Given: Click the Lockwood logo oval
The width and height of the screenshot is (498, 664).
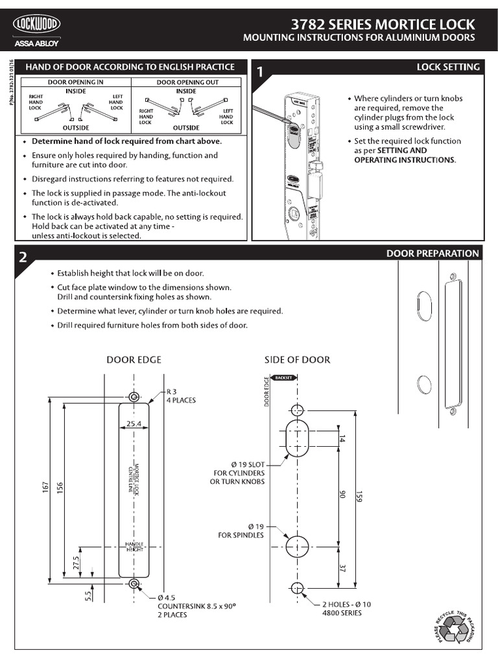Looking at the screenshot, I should pos(38,25).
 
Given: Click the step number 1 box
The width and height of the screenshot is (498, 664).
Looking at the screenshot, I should pos(261,73).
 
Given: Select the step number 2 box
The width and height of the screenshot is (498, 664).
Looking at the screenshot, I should pos(23,257).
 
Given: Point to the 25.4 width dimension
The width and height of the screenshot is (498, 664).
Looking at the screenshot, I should pos(134,423).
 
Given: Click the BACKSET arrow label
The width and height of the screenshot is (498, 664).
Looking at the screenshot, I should pos(285,377).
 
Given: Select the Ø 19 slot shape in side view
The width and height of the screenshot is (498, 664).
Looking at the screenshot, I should pos(296,439).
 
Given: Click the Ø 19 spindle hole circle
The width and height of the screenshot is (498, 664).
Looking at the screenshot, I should pos(296,546).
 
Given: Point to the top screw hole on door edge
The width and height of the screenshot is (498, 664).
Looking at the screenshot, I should pos(134,397).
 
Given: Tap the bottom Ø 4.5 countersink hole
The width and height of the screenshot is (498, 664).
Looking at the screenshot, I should pos(134,584).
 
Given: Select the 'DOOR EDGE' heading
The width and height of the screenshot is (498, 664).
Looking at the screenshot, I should pos(134,359).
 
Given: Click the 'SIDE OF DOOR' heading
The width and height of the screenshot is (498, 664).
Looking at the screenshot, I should pos(297,359).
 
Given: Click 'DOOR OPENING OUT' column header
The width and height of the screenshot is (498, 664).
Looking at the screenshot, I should pos(187,82).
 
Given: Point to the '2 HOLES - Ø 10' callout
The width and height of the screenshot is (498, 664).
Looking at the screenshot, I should pos(347,604).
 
